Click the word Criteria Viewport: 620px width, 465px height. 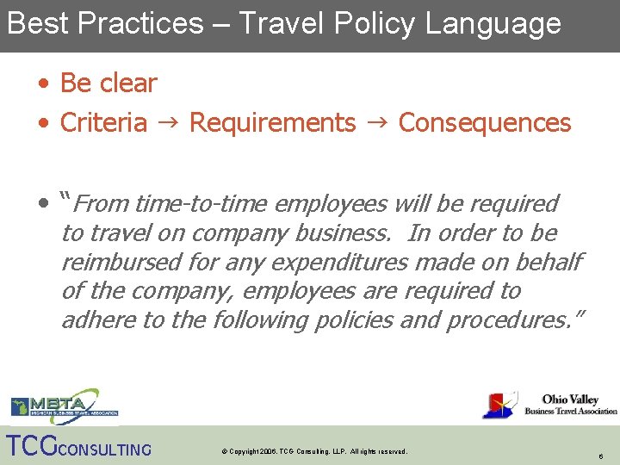[x=103, y=123]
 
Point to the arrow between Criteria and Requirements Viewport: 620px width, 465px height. [x=168, y=123]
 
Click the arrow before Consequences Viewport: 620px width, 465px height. [x=377, y=123]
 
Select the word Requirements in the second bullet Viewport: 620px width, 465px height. [x=272, y=123]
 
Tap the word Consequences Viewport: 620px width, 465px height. [x=485, y=123]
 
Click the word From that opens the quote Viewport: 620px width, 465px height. [x=101, y=204]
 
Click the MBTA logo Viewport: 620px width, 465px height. [x=64, y=406]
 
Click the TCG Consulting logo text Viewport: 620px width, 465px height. [x=78, y=447]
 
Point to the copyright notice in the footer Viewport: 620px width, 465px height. [x=313, y=451]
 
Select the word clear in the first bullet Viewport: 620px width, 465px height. [x=128, y=84]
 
